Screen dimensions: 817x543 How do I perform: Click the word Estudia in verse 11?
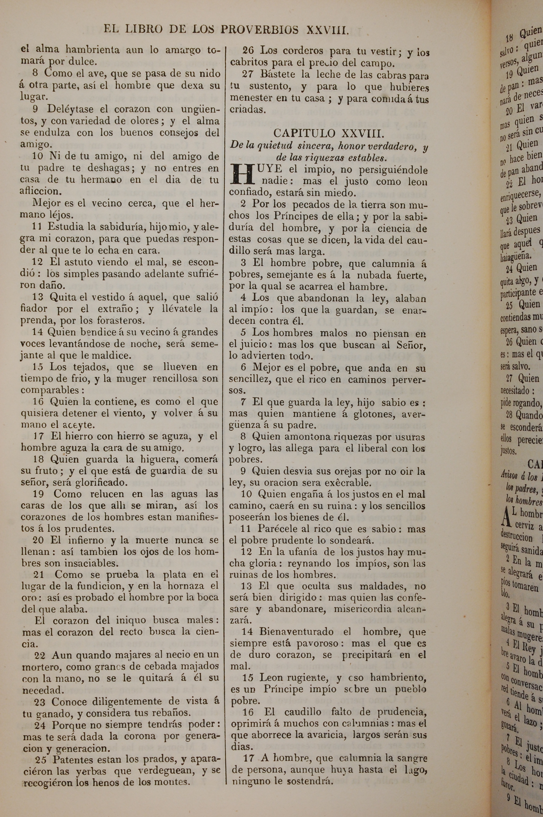pos(62,227)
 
